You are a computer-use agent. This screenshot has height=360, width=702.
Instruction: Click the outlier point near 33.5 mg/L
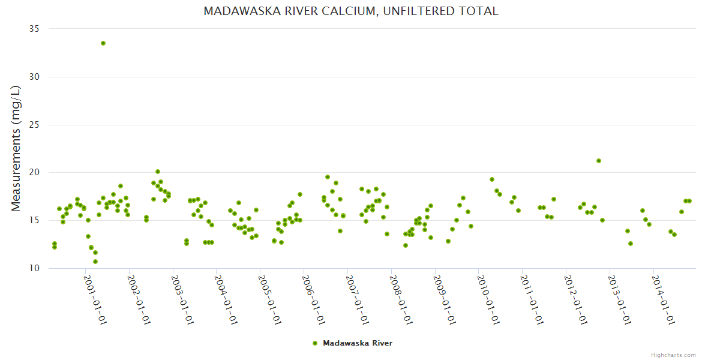pyautogui.click(x=103, y=43)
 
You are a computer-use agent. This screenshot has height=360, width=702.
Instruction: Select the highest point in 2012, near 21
pyautogui.click(x=599, y=161)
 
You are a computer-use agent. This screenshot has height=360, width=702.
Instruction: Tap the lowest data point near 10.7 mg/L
pyautogui.click(x=95, y=262)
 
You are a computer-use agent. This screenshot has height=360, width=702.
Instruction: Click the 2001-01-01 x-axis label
pyautogui.click(x=95, y=299)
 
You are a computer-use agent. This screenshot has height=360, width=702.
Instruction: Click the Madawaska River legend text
pyautogui.click(x=358, y=343)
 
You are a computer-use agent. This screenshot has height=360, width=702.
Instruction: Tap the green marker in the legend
pyautogui.click(x=314, y=343)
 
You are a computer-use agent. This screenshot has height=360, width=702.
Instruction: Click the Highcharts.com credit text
pyautogui.click(x=673, y=355)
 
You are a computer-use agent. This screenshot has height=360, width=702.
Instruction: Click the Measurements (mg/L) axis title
pyautogui.click(x=16, y=148)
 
